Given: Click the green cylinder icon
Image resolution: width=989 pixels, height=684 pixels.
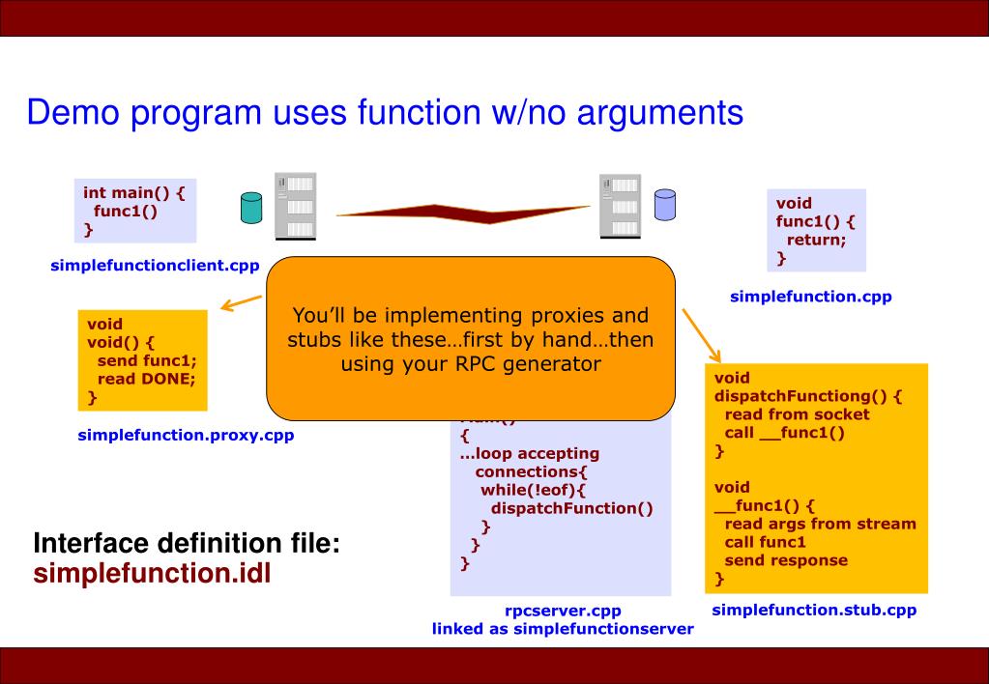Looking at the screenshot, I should pyautogui.click(x=251, y=208).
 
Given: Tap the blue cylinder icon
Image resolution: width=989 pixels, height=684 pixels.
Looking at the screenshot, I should pyautogui.click(x=664, y=203).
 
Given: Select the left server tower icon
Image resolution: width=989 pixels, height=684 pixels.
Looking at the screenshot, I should pyautogui.click(x=296, y=205).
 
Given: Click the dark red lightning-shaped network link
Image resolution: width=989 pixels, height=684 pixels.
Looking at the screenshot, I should pyautogui.click(x=464, y=212).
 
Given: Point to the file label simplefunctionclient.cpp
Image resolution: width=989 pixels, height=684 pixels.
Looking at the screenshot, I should pyautogui.click(x=155, y=267).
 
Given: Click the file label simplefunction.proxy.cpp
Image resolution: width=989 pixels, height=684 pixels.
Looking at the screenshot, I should pyautogui.click(x=186, y=435).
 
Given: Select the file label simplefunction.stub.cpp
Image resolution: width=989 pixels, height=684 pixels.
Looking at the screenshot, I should pyautogui.click(x=814, y=610).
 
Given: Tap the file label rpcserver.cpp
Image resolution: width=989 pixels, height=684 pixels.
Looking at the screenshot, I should pyautogui.click(x=563, y=611).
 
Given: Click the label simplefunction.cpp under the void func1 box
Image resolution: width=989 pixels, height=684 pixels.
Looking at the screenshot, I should pyautogui.click(x=810, y=297).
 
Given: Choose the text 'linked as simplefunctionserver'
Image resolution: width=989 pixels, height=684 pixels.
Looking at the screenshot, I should pyautogui.click(x=563, y=629).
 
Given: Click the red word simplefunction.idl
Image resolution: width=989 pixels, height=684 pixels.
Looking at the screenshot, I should pyautogui.click(x=152, y=574).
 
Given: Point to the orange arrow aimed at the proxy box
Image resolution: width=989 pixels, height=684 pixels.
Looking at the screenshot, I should pyautogui.click(x=241, y=303).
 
